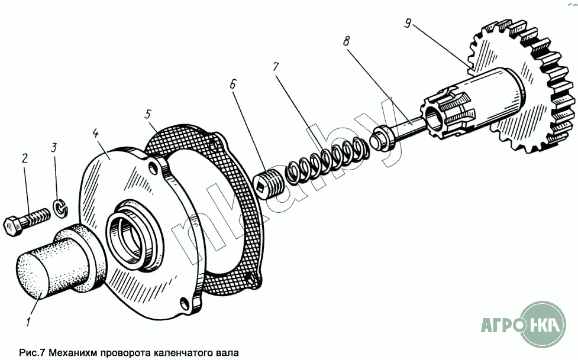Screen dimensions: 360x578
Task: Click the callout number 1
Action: [28, 322]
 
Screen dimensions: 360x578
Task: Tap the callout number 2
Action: [25, 158]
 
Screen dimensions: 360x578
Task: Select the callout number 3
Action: [54, 148]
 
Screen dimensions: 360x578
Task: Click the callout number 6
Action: [233, 84]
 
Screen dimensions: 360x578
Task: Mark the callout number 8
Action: [346, 41]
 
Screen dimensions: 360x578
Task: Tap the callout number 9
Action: [408, 24]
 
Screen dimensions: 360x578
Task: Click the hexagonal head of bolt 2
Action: [12, 226]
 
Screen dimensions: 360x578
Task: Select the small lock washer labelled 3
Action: [60, 207]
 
